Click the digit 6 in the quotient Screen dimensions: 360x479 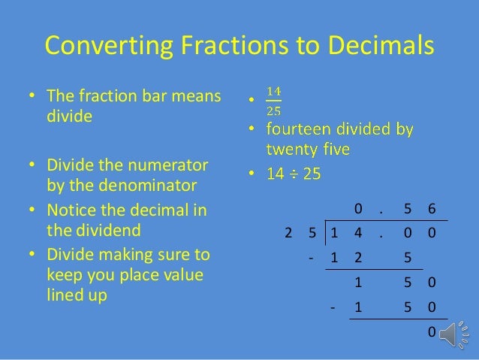431,208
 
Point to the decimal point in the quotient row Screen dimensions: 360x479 381,208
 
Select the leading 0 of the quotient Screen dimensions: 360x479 357,208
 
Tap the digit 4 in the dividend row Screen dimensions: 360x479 357,233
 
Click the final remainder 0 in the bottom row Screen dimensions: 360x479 431,331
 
